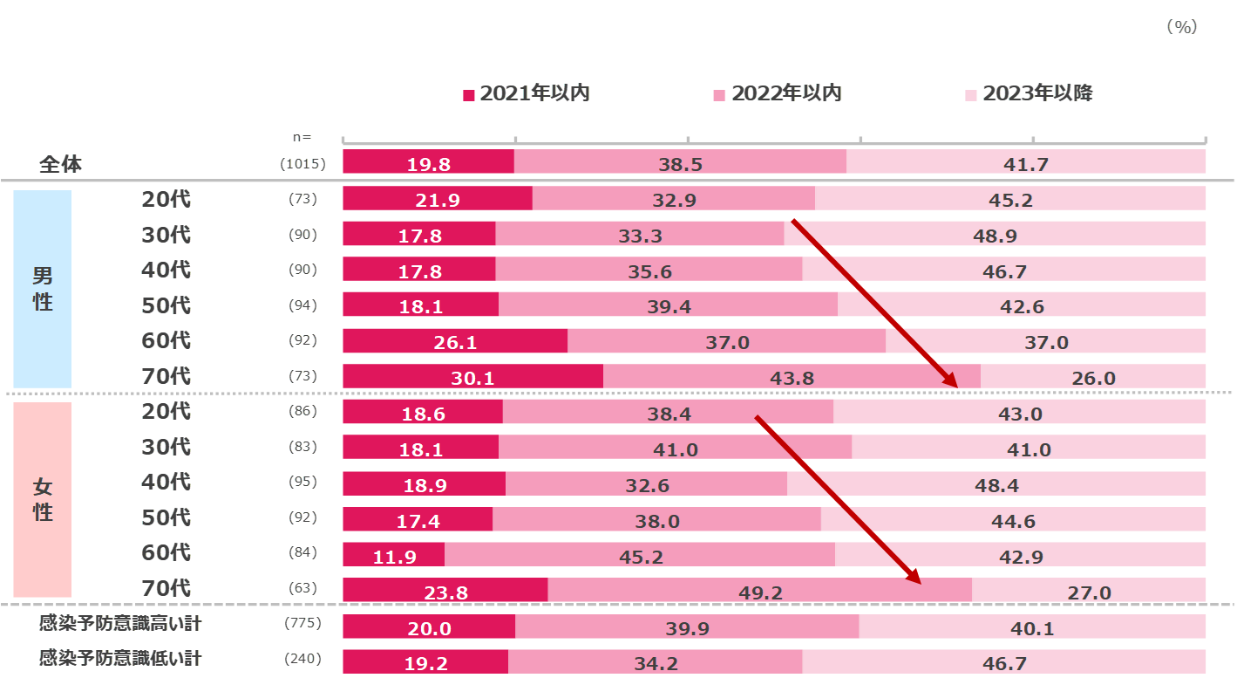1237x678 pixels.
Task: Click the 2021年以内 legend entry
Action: (527, 93)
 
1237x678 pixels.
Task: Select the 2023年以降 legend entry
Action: (1030, 93)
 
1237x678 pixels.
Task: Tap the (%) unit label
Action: (1182, 27)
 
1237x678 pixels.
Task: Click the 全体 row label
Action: (60, 164)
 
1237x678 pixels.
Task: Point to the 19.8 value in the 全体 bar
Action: (428, 163)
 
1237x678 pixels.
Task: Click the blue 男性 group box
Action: (42, 289)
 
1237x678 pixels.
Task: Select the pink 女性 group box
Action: (42, 500)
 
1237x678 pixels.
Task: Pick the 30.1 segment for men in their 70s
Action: (472, 377)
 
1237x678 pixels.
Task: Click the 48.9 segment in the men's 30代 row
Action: (995, 235)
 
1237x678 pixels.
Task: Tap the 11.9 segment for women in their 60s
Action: (394, 556)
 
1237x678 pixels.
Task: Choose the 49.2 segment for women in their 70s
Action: (759, 592)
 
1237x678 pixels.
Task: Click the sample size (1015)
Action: (302, 164)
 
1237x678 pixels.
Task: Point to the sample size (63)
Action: (302, 589)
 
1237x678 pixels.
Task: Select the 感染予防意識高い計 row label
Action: (120, 624)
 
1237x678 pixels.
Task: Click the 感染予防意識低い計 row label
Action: (120, 659)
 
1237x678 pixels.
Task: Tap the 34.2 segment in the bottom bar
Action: (655, 662)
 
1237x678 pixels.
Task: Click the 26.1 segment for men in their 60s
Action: (454, 341)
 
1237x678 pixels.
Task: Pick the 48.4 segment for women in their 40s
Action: (996, 484)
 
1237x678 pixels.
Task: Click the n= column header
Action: (302, 137)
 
